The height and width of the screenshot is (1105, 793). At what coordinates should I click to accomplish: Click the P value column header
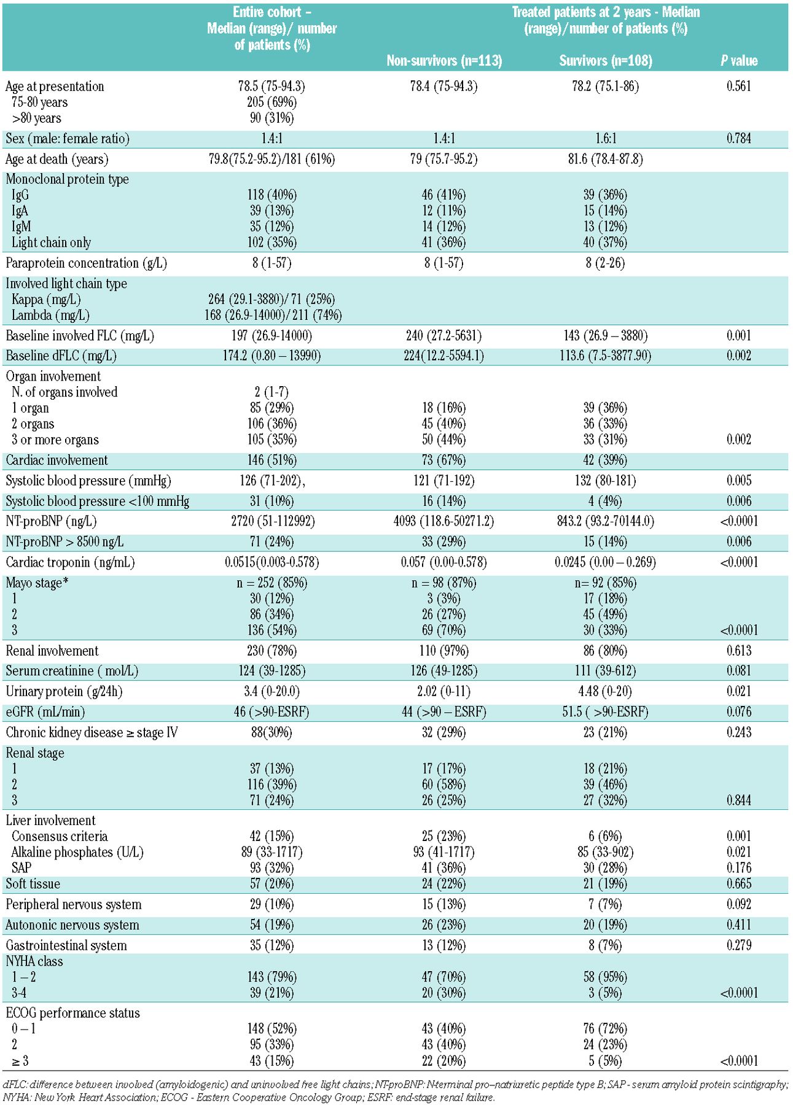coord(739,60)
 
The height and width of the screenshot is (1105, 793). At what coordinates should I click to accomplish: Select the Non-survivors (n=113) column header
coord(444,60)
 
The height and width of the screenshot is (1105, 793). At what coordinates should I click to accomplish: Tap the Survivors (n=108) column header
coord(606,60)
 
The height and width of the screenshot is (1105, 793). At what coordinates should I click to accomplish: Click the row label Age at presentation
coord(55,86)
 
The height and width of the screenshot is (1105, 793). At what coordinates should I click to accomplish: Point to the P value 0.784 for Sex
coord(739,139)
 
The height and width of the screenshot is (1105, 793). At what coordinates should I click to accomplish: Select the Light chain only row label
coord(51,242)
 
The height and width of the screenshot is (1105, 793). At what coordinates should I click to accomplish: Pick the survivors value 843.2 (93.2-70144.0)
coord(606,521)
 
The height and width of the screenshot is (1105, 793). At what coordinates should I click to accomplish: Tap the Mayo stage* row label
coord(36,583)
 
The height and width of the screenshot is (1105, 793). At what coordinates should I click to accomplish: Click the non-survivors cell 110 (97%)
coord(444,651)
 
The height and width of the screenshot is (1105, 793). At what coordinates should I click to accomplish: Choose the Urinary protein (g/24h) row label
coord(64,691)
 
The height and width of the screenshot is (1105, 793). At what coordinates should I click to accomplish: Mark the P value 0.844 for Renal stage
coord(739,801)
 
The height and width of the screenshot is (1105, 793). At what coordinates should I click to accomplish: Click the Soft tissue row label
coord(33,884)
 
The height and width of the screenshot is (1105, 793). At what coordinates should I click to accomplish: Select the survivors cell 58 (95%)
coord(606,977)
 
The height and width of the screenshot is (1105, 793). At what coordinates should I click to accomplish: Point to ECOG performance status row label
coord(72,1013)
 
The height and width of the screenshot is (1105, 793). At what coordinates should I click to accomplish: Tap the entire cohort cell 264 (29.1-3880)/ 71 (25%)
coord(272,300)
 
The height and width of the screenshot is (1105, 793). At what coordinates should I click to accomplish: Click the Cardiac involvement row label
coord(57,460)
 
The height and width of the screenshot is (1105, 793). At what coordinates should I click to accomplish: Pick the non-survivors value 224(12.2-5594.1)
coord(444,356)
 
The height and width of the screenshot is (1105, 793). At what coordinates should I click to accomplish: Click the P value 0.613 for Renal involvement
coord(739,651)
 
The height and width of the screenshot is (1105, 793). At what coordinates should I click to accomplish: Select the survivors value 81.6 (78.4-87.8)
coord(606,160)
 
